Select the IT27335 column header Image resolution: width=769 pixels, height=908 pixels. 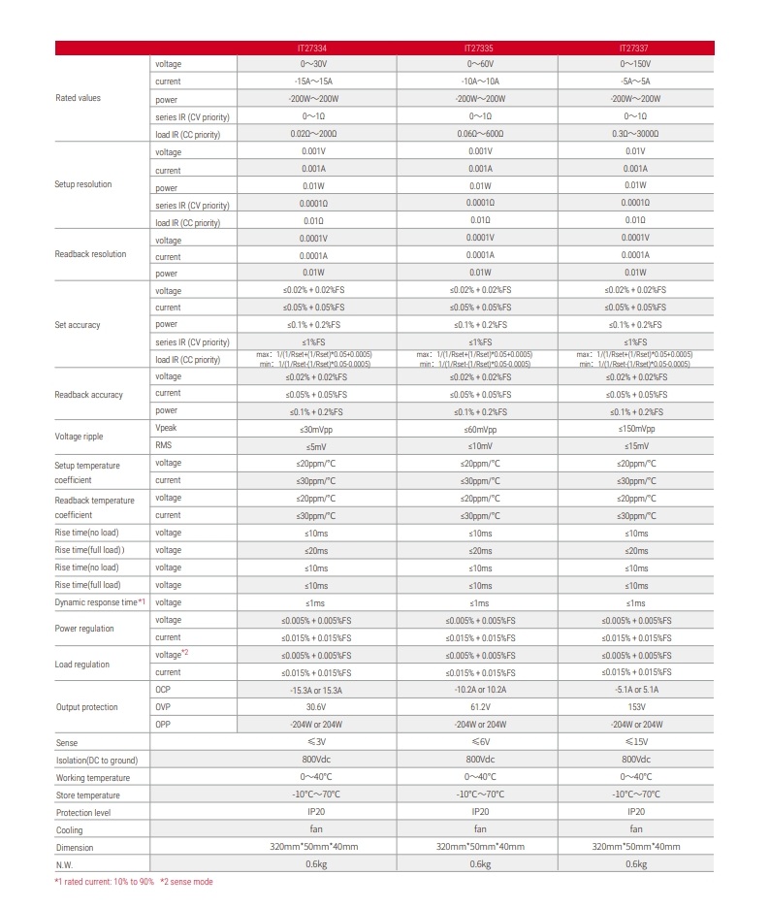click(480, 47)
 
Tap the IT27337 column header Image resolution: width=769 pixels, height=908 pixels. click(636, 47)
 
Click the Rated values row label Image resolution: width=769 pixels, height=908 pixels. click(78, 98)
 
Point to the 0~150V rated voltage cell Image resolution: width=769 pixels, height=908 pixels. click(636, 64)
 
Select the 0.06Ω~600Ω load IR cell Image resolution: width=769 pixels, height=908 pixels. click(480, 134)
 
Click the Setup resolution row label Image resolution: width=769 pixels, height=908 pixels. click(83, 184)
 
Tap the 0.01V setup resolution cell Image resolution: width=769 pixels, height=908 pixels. click(636, 152)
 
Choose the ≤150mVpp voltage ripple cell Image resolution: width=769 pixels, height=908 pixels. click(636, 429)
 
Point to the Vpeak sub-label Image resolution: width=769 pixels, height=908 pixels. click(167, 428)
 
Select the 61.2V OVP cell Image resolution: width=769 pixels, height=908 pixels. click(480, 707)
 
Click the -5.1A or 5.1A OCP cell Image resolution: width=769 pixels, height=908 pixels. click(636, 690)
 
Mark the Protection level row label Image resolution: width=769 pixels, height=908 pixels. click(83, 812)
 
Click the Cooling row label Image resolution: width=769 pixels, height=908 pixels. click(69, 829)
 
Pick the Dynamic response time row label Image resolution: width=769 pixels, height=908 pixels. click(100, 602)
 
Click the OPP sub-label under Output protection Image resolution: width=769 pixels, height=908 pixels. click(163, 725)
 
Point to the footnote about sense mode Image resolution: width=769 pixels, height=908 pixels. click(186, 882)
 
